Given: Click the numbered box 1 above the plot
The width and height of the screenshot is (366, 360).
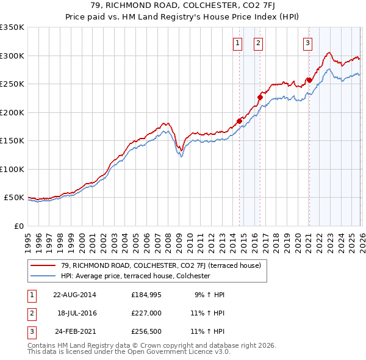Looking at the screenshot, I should pyautogui.click(x=237, y=43).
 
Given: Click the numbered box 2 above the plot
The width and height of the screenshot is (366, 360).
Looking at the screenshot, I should pyautogui.click(x=259, y=43).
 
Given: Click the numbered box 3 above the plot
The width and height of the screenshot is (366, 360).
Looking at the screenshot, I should pyautogui.click(x=307, y=43).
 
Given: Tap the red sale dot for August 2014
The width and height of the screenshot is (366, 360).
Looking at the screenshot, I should pyautogui.click(x=239, y=121).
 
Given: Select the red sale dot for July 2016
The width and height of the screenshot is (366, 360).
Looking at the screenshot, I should pyautogui.click(x=260, y=97).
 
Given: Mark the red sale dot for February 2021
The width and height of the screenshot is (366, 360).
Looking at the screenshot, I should pyautogui.click(x=309, y=80).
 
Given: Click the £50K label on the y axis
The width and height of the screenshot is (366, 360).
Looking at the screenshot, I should pyautogui.click(x=14, y=198).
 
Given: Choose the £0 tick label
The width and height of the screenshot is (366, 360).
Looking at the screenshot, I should pyautogui.click(x=18, y=226).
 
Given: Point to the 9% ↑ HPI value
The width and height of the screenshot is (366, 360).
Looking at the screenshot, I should pyautogui.click(x=209, y=295).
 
